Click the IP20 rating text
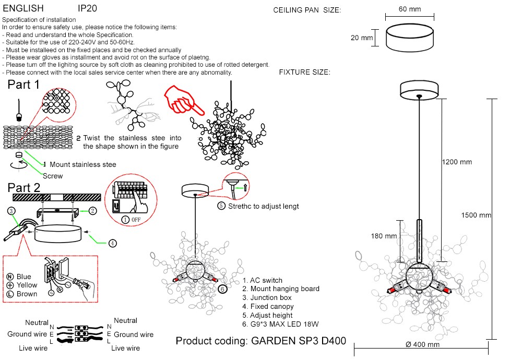click(87, 9)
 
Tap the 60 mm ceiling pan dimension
click(410, 9)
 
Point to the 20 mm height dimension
click(362, 38)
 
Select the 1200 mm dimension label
click(457, 162)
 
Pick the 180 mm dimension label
click(384, 236)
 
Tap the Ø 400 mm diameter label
click(422, 344)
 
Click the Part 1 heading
click(23, 85)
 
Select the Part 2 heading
click(23, 188)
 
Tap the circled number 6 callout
click(222, 289)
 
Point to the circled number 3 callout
click(11, 211)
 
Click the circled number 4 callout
click(113, 243)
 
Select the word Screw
click(53, 176)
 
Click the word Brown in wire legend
click(27, 294)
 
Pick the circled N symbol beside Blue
click(10, 277)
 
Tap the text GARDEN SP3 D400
click(299, 341)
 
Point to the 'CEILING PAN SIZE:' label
click(307, 10)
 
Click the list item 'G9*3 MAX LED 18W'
click(280, 324)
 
